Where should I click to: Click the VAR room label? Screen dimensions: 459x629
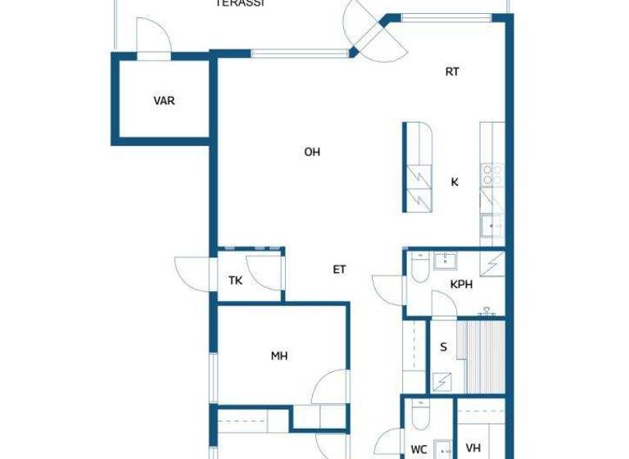(164, 101)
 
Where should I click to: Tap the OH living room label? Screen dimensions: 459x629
(311, 152)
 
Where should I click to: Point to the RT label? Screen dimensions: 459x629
(452, 71)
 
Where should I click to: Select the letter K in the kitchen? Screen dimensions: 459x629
(455, 182)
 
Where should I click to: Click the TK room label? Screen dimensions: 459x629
(235, 280)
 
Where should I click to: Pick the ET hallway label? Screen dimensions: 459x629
(339, 269)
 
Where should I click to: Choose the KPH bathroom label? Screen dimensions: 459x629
(461, 284)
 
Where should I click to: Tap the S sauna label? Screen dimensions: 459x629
(444, 347)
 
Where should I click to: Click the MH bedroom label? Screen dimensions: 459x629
(279, 356)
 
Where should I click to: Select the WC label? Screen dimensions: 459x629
(419, 449)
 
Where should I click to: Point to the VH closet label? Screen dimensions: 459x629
(473, 448)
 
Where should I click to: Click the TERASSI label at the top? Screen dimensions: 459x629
(239, 3)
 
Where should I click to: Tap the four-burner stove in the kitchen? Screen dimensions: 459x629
(492, 173)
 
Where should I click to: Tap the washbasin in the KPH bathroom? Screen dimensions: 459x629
(447, 261)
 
